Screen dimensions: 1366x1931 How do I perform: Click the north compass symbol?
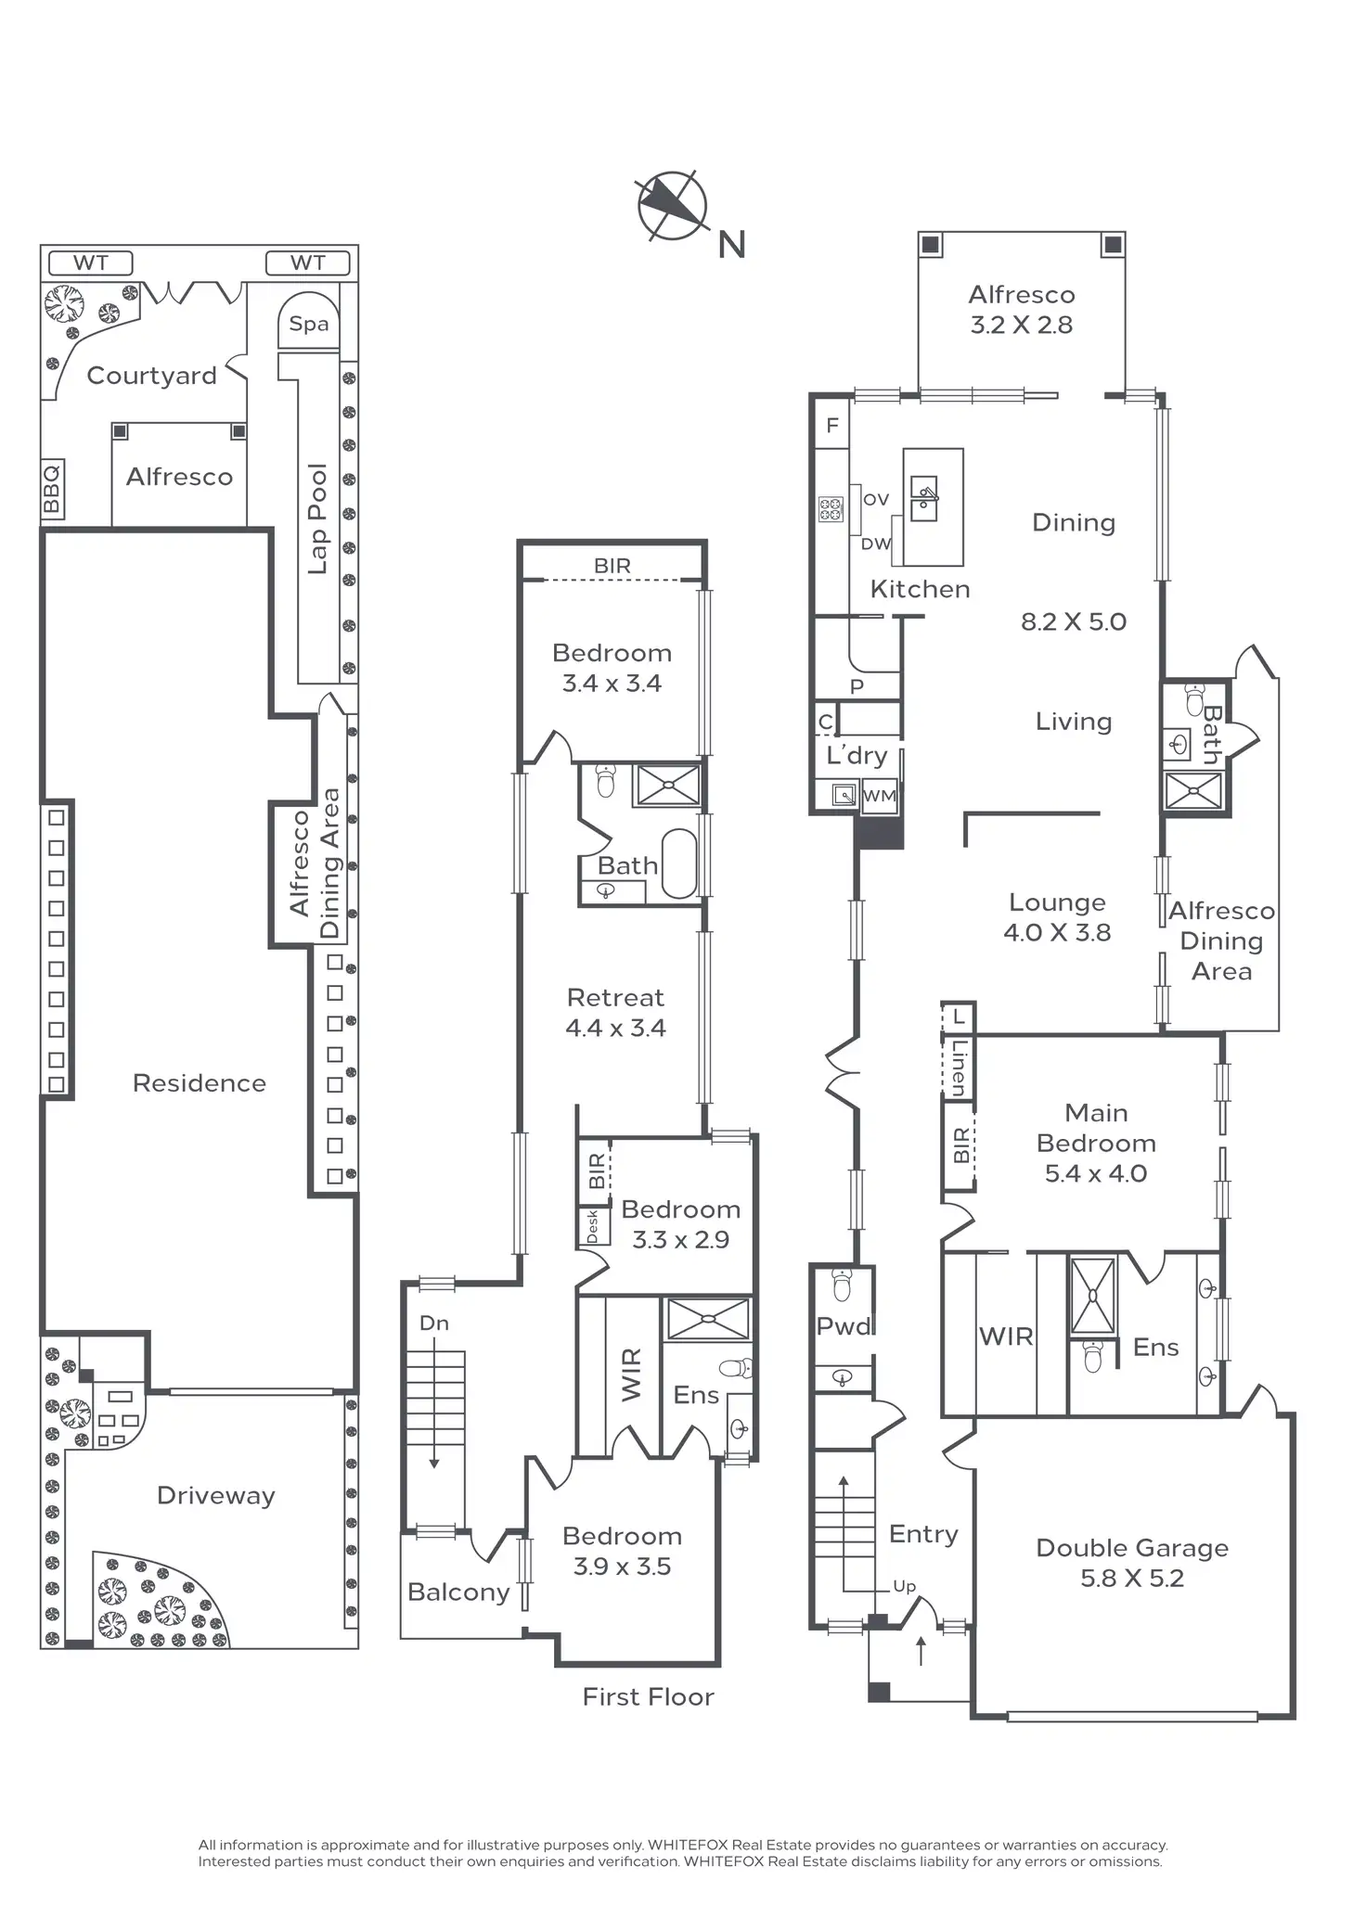tap(673, 205)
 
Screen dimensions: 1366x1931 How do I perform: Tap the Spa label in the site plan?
tap(309, 324)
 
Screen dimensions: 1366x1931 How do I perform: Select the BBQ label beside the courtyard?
tap(52, 488)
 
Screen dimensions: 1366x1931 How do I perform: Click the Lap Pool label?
tap(317, 518)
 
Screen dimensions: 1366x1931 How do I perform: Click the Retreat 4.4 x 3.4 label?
tap(616, 1012)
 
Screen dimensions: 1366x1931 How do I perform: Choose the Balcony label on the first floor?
tap(458, 1592)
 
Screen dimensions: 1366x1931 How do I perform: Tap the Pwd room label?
tap(844, 1326)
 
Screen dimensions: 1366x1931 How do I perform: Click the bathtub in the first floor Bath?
tap(679, 863)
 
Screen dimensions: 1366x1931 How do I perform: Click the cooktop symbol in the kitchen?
tap(831, 509)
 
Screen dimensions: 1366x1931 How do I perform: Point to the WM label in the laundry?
tap(880, 796)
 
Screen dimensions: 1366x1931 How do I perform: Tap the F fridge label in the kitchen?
tap(832, 425)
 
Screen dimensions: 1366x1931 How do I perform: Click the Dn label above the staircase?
tap(434, 1324)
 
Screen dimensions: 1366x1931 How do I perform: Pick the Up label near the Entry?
tap(905, 1587)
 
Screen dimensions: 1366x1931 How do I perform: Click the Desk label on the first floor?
tap(593, 1226)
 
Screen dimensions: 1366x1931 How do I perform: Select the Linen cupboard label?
tap(959, 1067)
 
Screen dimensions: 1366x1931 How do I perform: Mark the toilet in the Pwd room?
tap(843, 1285)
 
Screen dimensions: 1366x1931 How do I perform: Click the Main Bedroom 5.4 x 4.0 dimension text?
tap(1096, 1173)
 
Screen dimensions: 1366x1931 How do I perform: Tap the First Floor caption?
tap(649, 1696)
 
